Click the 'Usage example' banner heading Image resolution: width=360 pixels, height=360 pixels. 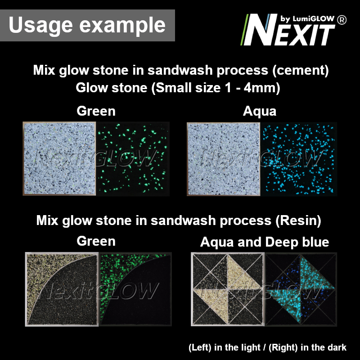click(x=87, y=25)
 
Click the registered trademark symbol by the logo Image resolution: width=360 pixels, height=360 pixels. click(x=342, y=20)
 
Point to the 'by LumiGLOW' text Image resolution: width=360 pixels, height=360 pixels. click(x=307, y=18)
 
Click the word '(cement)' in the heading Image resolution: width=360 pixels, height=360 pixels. click(x=300, y=70)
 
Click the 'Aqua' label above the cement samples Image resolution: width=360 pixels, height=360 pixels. click(x=260, y=111)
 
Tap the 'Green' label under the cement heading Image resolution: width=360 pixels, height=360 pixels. click(x=96, y=111)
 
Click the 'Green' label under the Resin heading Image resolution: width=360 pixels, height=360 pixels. click(x=96, y=241)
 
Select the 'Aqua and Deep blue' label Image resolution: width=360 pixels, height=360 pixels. click(x=265, y=242)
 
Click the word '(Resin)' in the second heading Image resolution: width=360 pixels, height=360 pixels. click(x=298, y=220)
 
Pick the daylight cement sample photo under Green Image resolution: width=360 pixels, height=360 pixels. click(x=59, y=159)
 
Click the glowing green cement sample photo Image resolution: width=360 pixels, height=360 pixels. click(x=133, y=159)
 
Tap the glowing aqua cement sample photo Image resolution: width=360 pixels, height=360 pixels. click(x=298, y=159)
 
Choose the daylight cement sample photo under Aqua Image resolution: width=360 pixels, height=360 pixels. click(x=223, y=159)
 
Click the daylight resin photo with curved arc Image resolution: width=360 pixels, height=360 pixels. click(x=62, y=289)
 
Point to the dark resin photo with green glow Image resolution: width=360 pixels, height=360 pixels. click(x=135, y=289)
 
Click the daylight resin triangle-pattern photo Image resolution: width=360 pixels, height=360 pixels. click(x=228, y=289)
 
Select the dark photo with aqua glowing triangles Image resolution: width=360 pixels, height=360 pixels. click(x=301, y=289)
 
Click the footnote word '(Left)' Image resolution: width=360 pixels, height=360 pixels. click(x=200, y=347)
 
